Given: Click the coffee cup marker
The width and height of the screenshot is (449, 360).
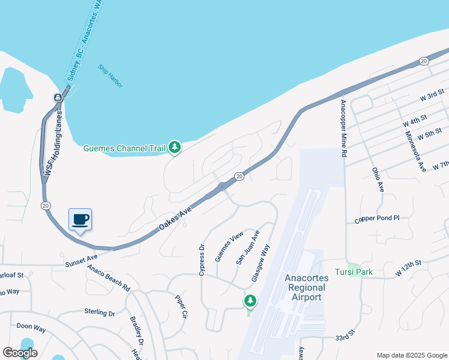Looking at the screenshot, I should [80, 220].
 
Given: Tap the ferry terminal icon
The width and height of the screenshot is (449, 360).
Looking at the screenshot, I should [58, 98].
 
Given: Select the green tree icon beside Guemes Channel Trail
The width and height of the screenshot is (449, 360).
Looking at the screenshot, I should [174, 146].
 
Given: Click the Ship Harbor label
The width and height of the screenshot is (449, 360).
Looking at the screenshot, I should [111, 76].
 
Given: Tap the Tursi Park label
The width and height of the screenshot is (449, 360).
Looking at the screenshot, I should [354, 272].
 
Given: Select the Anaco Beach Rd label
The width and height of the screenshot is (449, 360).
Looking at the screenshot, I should [109, 275].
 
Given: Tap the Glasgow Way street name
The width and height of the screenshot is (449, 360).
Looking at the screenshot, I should [261, 262].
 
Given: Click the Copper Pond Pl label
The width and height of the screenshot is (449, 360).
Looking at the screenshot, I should [377, 219].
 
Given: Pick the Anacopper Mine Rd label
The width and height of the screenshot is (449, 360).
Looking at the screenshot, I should [344, 127].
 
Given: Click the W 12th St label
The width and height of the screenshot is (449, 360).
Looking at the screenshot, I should [409, 268].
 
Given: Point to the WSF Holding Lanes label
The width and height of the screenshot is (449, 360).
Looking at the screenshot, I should [53, 144].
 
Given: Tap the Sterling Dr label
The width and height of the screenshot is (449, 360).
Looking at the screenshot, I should [99, 313].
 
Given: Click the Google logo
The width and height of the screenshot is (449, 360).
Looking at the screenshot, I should [20, 353].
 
